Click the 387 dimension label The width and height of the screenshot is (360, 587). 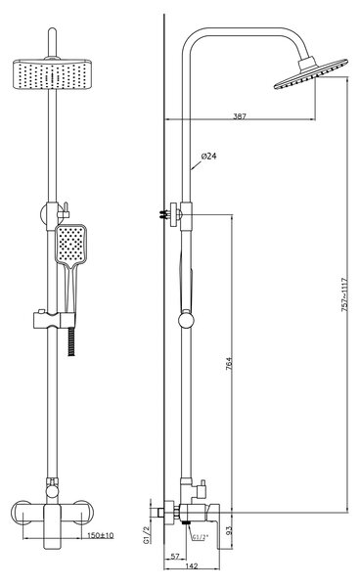point(240,116)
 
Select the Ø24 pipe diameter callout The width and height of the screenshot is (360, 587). point(208,157)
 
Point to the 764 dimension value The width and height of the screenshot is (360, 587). point(229,364)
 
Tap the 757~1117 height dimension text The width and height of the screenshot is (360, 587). point(344,294)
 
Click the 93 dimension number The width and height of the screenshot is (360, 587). point(229,530)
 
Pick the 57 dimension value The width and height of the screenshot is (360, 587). point(175,557)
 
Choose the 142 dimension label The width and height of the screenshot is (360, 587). point(191,566)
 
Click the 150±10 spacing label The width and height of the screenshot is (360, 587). point(101,535)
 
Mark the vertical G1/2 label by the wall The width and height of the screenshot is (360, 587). point(147,534)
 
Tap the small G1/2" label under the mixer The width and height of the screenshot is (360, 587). point(201,537)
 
